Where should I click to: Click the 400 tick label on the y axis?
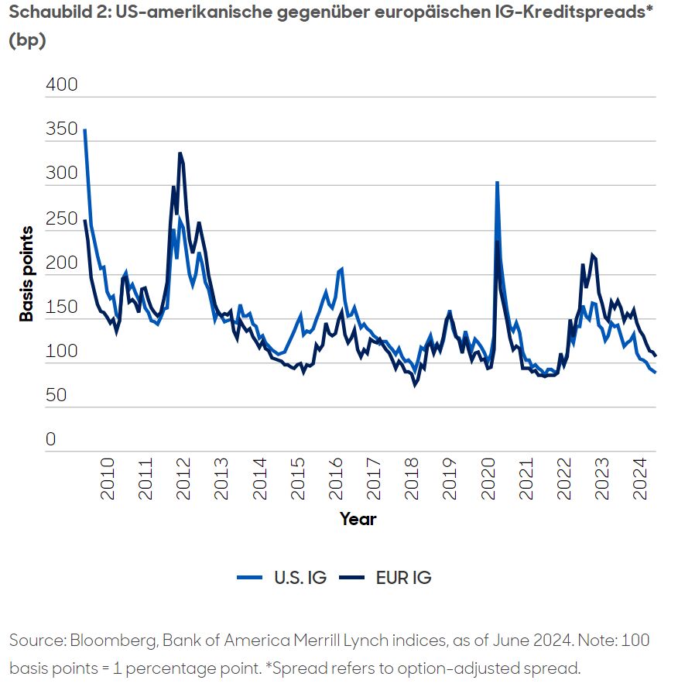point(63,84)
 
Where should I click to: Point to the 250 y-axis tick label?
point(63,218)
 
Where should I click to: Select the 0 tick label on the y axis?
point(51,440)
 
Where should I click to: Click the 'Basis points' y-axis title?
point(27,274)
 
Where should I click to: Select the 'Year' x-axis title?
point(358,519)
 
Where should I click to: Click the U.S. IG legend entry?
point(282,578)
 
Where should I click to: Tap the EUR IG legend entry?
point(387,578)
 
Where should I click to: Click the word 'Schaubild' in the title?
point(47,14)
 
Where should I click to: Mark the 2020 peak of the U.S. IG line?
point(497,183)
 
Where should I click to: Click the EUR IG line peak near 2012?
point(180,153)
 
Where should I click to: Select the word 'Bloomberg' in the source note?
point(107,641)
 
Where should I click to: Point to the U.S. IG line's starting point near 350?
point(84,130)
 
